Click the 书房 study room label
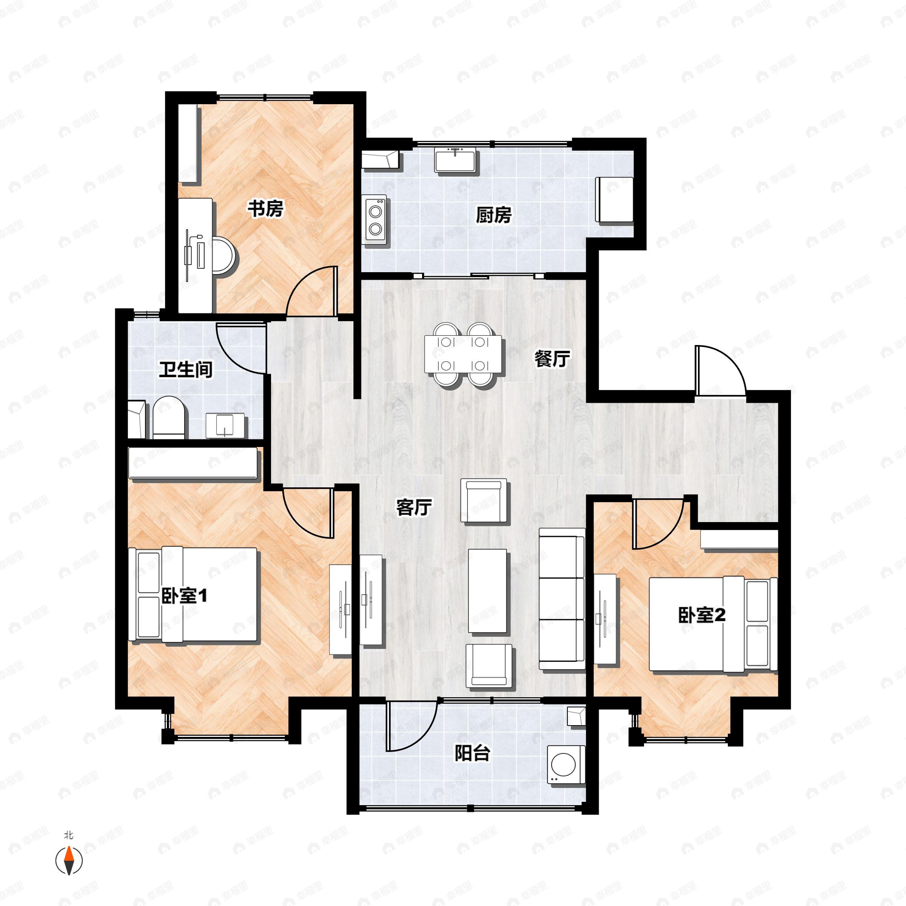(265, 209)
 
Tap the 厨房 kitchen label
(493, 215)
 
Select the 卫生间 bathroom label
(185, 370)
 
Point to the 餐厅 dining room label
(552, 359)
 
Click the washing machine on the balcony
(565, 765)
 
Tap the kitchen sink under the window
(455, 160)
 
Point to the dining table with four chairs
(463, 354)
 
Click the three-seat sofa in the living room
(562, 598)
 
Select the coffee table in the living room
(487, 591)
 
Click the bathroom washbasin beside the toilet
(226, 425)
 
